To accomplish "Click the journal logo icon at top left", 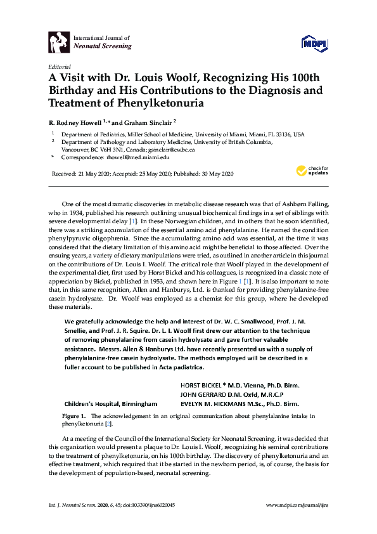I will point(59,41).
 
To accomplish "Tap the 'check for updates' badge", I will point(310,170).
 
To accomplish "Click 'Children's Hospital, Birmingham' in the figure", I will point(110,403).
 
